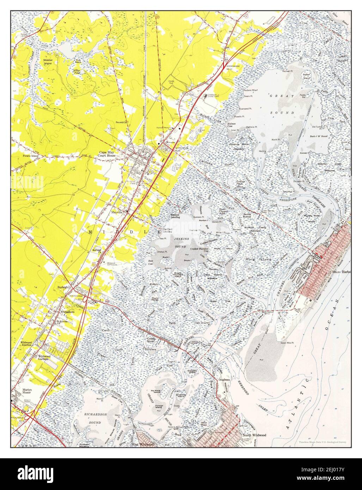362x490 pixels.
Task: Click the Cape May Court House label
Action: click(x=107, y=154)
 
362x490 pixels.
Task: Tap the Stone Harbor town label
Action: click(x=342, y=272)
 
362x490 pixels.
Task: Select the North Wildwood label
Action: click(x=254, y=435)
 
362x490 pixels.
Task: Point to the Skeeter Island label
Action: click(x=48, y=62)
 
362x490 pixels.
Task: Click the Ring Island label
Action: click(x=264, y=259)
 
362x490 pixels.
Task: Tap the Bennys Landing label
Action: click(x=175, y=216)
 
